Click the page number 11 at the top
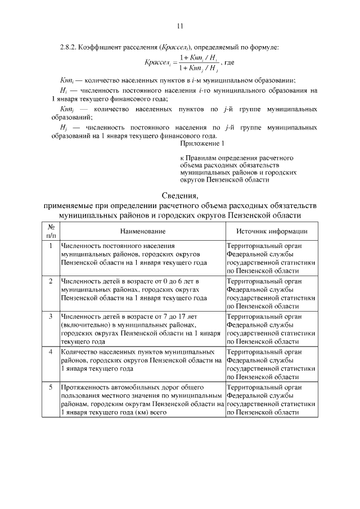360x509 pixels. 180,25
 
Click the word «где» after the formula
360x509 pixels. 229,63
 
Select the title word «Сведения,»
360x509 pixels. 180,196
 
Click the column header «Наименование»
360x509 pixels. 142,231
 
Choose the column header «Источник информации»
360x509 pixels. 271,231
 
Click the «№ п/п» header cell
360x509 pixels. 51,231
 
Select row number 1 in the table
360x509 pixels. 51,246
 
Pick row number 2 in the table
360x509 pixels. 51,280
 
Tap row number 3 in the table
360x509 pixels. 51,316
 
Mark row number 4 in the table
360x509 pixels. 51,351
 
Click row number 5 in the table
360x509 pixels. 51,387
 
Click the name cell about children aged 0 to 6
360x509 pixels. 134,289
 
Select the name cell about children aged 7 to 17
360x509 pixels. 134,328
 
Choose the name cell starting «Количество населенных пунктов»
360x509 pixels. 141,360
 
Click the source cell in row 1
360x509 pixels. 271,258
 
